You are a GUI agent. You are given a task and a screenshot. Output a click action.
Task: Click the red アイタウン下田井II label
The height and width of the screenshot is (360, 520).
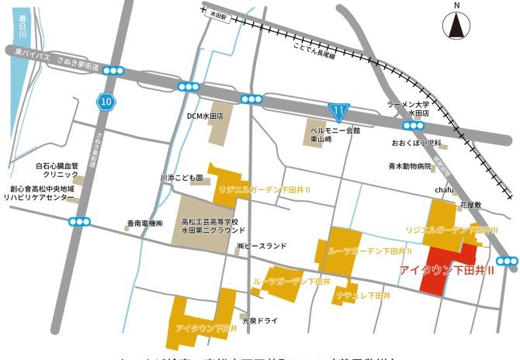tap(450, 271)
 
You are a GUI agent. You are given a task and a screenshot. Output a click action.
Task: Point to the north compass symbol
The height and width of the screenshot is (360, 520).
tap(456, 26)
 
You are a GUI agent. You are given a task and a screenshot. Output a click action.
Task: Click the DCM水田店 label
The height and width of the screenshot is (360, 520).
tap(205, 116)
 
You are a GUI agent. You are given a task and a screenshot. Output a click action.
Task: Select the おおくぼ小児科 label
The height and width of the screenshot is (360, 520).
tap(416, 144)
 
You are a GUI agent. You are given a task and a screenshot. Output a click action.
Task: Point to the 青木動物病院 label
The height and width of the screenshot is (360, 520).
tap(411, 166)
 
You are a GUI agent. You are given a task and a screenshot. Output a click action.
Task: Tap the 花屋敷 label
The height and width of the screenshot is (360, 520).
tap(471, 206)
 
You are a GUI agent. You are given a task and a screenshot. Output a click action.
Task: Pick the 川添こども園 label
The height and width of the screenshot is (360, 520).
tap(181, 178)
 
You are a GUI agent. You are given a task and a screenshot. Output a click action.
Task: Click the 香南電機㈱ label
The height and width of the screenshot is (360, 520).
tap(145, 224)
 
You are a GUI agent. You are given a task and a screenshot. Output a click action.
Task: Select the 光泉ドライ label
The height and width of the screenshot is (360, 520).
tap(258, 319)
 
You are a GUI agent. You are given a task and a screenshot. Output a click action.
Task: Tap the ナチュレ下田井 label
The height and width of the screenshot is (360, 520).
tap(363, 296)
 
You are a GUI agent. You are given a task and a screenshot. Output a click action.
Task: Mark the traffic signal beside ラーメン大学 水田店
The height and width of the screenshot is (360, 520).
tap(411, 125)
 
